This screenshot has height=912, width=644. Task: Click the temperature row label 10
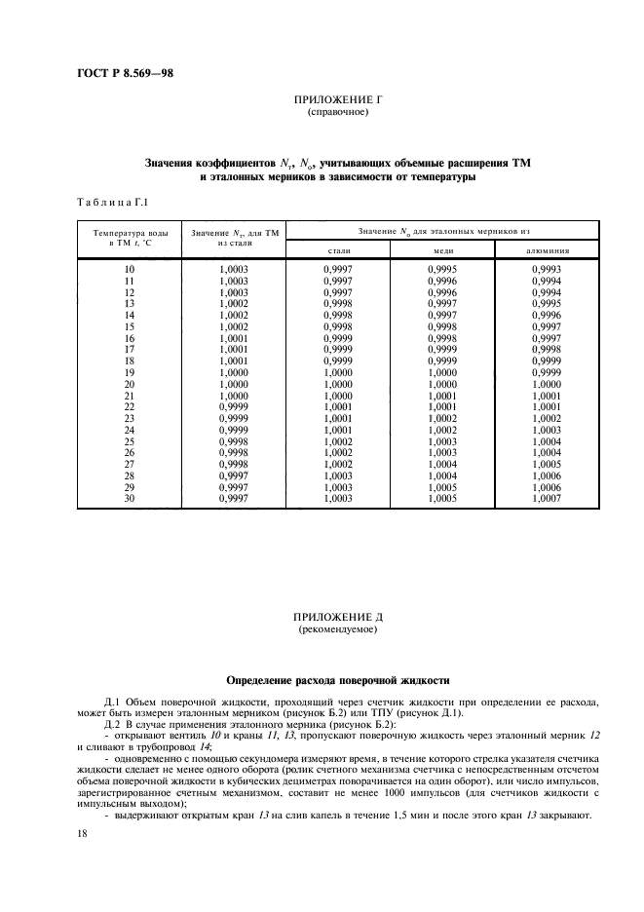(130, 270)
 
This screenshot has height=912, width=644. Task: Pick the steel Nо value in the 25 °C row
(337, 441)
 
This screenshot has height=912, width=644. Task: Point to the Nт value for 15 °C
(234, 327)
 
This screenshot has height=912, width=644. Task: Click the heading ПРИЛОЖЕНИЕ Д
(334, 619)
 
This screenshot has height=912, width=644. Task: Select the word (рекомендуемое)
(334, 630)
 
